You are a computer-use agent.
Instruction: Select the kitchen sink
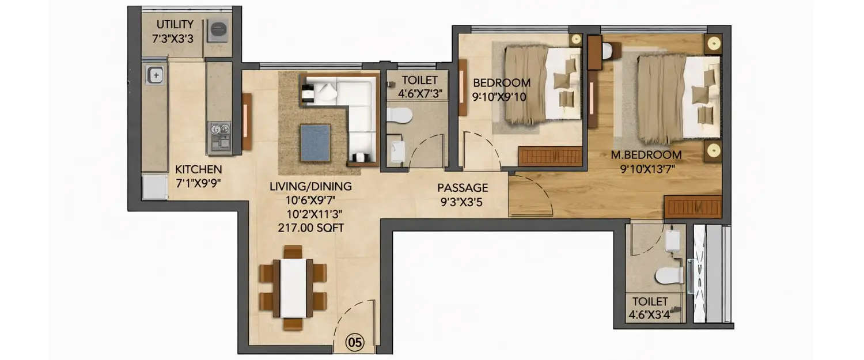point(154,74)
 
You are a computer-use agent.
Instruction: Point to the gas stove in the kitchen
point(219,136)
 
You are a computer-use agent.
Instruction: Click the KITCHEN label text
point(198,170)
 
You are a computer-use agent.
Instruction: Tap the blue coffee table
point(314,142)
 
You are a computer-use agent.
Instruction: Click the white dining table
point(293,287)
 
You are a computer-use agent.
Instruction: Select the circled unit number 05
point(355,343)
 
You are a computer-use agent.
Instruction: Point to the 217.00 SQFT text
point(311,228)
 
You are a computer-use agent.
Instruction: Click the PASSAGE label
point(463,188)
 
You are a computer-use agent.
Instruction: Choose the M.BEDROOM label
point(646,155)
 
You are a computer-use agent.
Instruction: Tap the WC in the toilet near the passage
point(400,115)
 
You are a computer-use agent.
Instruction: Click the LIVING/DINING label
point(310,187)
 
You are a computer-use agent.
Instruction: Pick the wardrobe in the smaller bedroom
point(550,156)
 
